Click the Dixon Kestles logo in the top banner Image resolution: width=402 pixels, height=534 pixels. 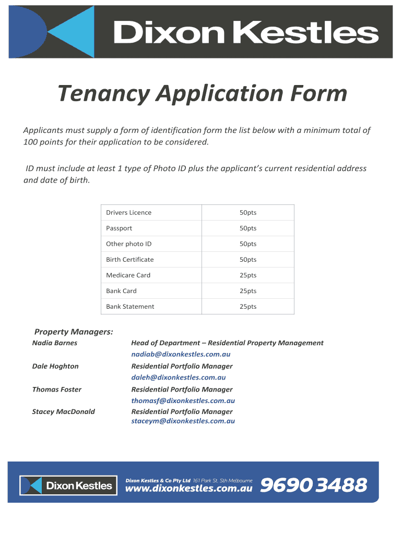(200, 31)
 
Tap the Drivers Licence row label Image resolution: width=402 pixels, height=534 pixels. (128, 213)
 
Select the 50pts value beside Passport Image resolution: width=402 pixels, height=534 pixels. (248, 228)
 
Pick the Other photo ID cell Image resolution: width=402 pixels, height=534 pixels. (128, 244)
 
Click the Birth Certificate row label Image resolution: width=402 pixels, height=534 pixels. (129, 260)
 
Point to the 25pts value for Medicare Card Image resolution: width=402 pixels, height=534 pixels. (248, 275)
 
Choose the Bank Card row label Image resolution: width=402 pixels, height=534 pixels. (121, 291)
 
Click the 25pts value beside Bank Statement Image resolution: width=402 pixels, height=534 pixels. (248, 307)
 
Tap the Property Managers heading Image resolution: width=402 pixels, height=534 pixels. (74, 332)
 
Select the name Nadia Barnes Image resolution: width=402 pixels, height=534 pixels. (55, 343)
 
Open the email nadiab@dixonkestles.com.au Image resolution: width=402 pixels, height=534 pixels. (181, 355)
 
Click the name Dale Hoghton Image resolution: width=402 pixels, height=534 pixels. (55, 366)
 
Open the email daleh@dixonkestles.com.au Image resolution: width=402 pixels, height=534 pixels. (178, 378)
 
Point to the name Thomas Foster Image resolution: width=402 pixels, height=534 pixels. (57, 390)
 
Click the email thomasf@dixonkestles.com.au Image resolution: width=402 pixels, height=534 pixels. (183, 401)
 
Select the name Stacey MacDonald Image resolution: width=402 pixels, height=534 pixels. (64, 412)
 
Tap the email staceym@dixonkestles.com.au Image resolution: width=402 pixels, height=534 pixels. (183, 421)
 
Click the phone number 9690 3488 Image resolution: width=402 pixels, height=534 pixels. (313, 486)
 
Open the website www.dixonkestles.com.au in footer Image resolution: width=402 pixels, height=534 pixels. (189, 489)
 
